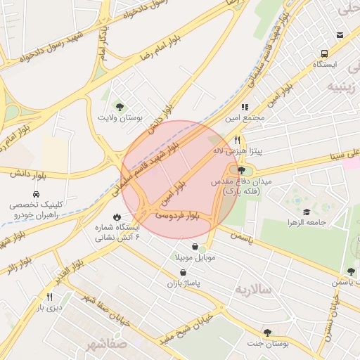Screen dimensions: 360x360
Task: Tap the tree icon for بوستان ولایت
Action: pos(120,106)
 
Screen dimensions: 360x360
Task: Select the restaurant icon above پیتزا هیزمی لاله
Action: pos(238,140)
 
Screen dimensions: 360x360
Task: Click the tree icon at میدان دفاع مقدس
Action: pos(242,170)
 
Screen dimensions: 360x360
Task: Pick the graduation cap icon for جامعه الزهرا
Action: pos(306,212)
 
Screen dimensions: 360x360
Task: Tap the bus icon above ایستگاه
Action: pos(323,53)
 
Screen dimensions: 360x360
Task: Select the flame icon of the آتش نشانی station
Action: pos(117,217)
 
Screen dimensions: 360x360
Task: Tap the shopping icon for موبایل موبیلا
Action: pos(193,247)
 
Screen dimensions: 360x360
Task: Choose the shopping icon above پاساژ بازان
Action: pos(183,272)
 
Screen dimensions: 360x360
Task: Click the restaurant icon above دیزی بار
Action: pos(49,297)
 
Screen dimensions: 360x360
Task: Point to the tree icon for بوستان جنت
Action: pos(267,332)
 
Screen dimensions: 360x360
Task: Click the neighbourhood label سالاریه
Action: pos(252,289)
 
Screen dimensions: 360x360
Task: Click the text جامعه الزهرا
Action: pos(306,223)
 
